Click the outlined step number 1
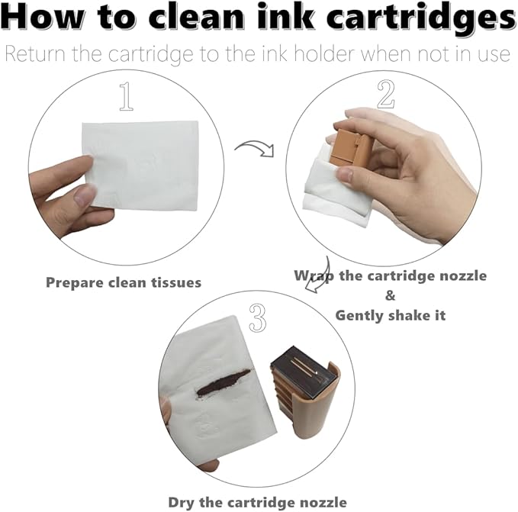pyautogui.click(x=126, y=96)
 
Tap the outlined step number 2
pyautogui.click(x=385, y=94)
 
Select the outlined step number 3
pyautogui.click(x=258, y=317)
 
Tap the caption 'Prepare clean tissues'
pyautogui.click(x=124, y=283)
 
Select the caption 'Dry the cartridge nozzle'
pyautogui.click(x=258, y=502)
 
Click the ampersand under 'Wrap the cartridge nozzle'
pyautogui.click(x=390, y=295)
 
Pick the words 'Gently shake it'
pyautogui.click(x=391, y=315)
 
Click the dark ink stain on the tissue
pyautogui.click(x=224, y=382)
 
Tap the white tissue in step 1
pyautogui.click(x=141, y=165)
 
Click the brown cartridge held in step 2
pyautogui.click(x=350, y=148)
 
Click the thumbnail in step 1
pyautogui.click(x=85, y=195)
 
